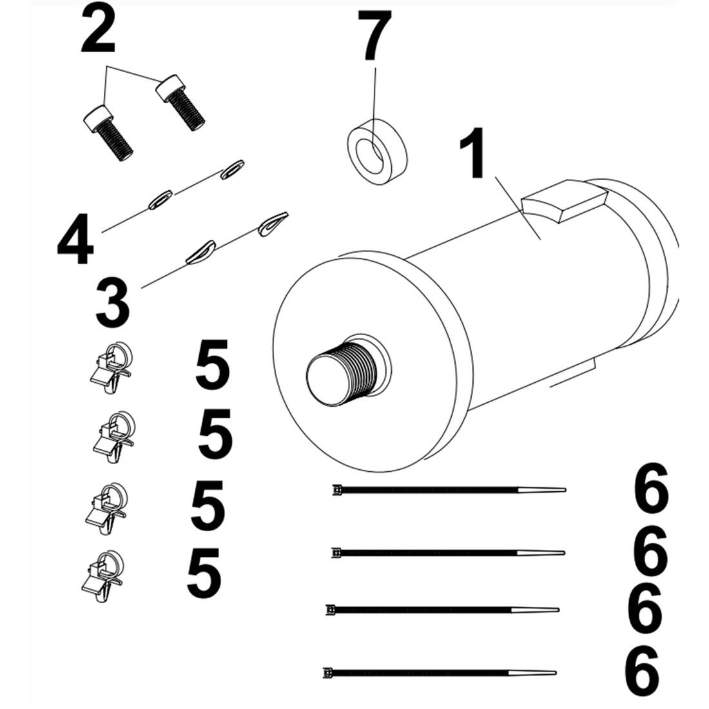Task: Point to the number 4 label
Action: pos(75,240)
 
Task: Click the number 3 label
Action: pos(113,302)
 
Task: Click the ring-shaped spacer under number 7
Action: pos(377,151)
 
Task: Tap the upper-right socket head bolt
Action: pos(180,102)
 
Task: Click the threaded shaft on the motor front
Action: pos(341,373)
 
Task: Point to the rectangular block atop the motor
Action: pos(563,200)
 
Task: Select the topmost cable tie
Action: pos(449,490)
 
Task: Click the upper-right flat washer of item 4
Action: pos(232,169)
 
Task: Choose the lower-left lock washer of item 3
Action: pos(200,251)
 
